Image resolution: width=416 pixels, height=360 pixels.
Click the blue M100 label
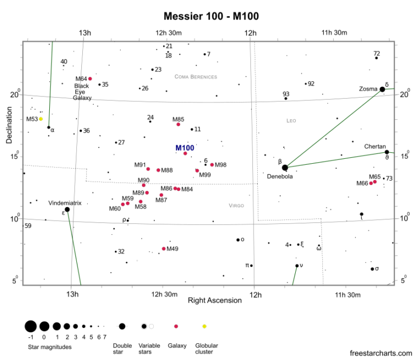point(185,148)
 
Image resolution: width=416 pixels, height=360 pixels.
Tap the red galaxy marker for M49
point(164,249)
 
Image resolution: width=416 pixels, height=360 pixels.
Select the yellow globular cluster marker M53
point(41,119)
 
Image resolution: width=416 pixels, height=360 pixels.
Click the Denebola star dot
point(285,168)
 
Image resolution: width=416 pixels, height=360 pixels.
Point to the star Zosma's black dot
point(382,89)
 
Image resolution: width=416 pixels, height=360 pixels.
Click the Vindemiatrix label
point(65,203)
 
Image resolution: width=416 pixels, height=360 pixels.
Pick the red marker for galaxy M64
point(90,79)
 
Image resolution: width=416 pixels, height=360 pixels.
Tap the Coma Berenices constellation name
point(196,77)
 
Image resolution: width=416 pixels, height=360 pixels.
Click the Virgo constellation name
point(236,205)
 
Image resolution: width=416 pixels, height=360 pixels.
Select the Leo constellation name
point(291,121)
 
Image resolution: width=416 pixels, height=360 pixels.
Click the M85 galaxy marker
point(178,124)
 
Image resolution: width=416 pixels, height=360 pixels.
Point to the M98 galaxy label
point(220,165)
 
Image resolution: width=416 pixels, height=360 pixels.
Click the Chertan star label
point(375,146)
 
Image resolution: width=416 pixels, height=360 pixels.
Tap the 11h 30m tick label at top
point(334,33)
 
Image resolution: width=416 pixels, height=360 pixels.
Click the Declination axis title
point(9,125)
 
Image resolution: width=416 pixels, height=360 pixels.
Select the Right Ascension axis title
point(214,300)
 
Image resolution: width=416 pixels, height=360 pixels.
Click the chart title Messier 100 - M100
point(211,16)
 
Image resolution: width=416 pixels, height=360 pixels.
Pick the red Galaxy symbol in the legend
point(176,326)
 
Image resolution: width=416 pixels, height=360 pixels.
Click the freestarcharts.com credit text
point(381,353)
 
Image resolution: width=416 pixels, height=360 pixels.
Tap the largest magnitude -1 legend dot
point(30,326)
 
